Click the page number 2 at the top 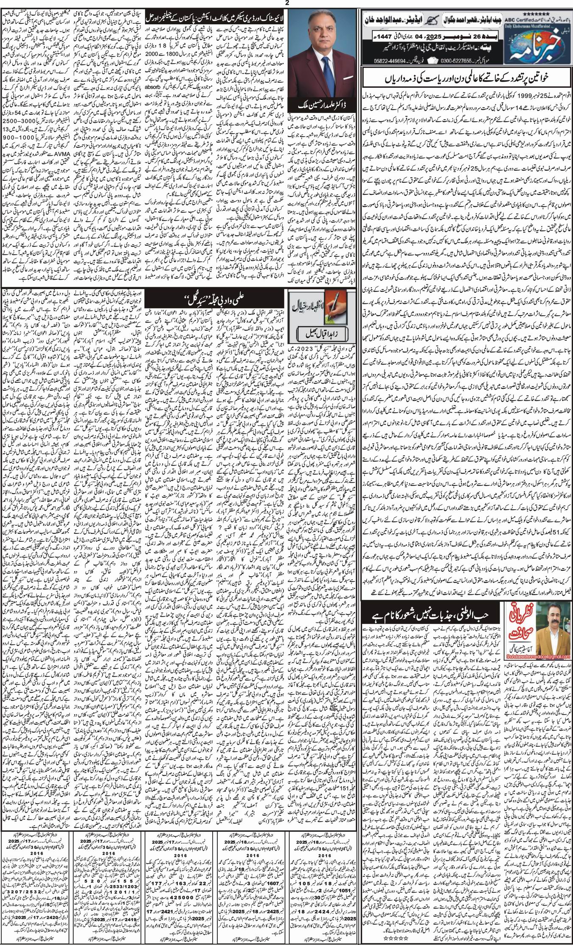point(287,3)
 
